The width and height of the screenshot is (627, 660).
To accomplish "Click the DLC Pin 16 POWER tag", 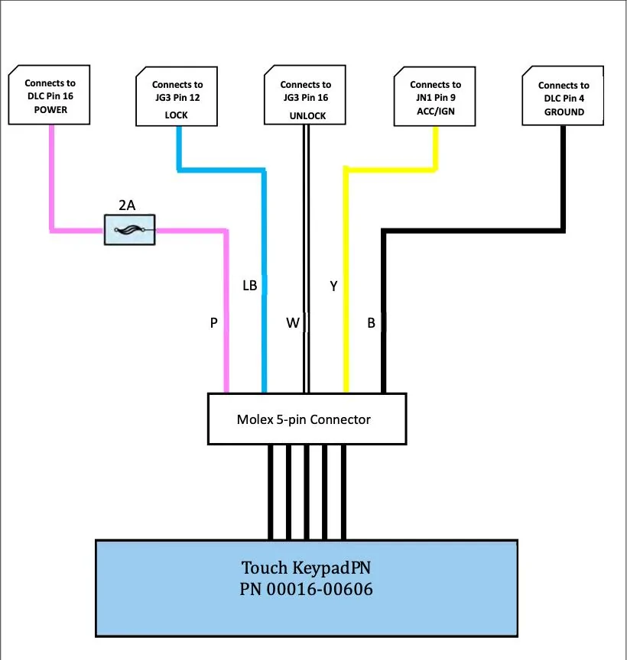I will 50,95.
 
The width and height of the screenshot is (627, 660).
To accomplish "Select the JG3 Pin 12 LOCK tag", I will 177,96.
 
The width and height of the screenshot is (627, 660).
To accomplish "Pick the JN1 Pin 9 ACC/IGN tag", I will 435,96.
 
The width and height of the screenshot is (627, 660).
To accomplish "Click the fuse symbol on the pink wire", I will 129,229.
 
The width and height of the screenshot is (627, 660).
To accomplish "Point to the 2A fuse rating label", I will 128,204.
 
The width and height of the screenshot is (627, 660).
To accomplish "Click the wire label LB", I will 249,286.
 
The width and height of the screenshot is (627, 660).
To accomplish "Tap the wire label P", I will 214,323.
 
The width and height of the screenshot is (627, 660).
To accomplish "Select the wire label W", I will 293,323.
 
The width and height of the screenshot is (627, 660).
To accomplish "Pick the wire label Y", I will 333,286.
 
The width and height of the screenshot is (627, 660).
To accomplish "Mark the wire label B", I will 371,323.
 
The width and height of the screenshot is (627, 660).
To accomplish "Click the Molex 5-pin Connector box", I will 307,419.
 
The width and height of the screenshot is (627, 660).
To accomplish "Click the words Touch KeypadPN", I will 307,568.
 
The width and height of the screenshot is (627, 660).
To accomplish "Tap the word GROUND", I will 564,112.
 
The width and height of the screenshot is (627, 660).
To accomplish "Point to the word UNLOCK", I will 307,116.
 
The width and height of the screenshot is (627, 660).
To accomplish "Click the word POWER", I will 50,110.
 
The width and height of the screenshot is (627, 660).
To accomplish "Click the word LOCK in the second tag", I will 176,115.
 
